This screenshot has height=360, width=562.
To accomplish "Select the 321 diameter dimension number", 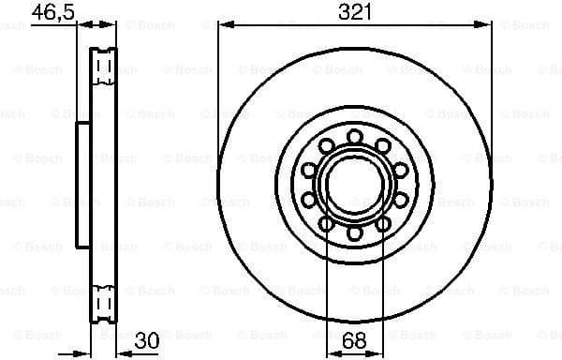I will coord(355,12).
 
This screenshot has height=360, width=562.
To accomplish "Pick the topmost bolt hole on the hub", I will coord(354,137).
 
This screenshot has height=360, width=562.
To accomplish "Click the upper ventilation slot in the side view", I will coord(106,66).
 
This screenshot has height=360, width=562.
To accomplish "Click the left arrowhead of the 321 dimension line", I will coord(223,26).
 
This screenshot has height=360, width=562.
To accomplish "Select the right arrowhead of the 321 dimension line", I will coord(486,26).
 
